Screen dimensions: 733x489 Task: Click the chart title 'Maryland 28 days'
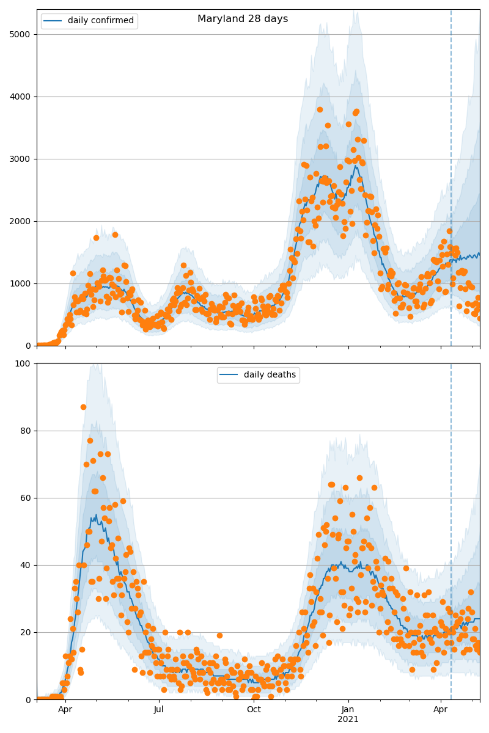tap(243, 19)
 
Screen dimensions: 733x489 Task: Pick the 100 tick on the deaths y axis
tap(25, 363)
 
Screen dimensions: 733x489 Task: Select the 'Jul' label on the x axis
tap(159, 709)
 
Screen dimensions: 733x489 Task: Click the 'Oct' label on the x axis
tap(254, 709)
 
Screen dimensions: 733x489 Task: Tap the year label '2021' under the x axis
tap(348, 720)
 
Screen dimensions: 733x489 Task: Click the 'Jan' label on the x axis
tap(348, 709)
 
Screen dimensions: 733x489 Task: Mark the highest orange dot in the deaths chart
tap(83, 407)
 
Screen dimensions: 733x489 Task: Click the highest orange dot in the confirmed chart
tap(320, 109)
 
